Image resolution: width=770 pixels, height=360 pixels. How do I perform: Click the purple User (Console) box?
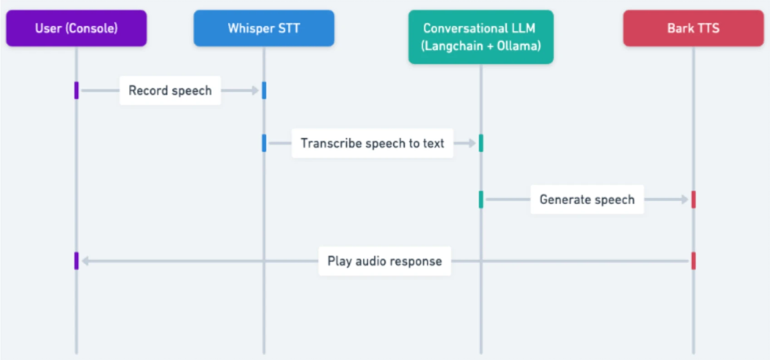[76, 28]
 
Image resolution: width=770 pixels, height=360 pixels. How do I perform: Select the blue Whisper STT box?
[264, 28]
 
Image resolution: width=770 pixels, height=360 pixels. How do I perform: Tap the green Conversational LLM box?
[481, 37]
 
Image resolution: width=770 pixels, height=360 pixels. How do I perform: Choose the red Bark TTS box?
[693, 28]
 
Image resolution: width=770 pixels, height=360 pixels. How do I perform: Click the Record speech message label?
[170, 90]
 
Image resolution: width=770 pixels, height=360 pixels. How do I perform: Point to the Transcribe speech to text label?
[372, 143]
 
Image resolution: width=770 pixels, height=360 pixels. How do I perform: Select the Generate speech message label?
[587, 200]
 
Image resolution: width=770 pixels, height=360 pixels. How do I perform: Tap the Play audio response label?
[384, 261]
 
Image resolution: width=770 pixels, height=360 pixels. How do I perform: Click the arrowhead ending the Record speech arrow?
[255, 90]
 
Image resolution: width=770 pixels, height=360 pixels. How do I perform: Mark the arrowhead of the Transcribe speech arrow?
[472, 143]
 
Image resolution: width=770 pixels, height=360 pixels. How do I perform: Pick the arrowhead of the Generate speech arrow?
[685, 200]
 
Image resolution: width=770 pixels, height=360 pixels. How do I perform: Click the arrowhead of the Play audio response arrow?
[85, 261]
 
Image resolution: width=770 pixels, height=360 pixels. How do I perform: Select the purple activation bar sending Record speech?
[76, 90]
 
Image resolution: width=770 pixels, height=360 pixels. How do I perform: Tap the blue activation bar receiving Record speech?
[264, 90]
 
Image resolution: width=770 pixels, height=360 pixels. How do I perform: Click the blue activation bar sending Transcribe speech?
[264, 143]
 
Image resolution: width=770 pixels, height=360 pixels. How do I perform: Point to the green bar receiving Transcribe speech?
[481, 143]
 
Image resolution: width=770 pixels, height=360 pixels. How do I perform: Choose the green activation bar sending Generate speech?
[481, 200]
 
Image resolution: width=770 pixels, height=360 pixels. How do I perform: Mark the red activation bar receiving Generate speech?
[693, 200]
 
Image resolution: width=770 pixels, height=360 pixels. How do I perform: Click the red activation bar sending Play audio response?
[693, 261]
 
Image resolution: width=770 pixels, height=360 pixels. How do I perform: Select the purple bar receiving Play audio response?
[76, 261]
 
